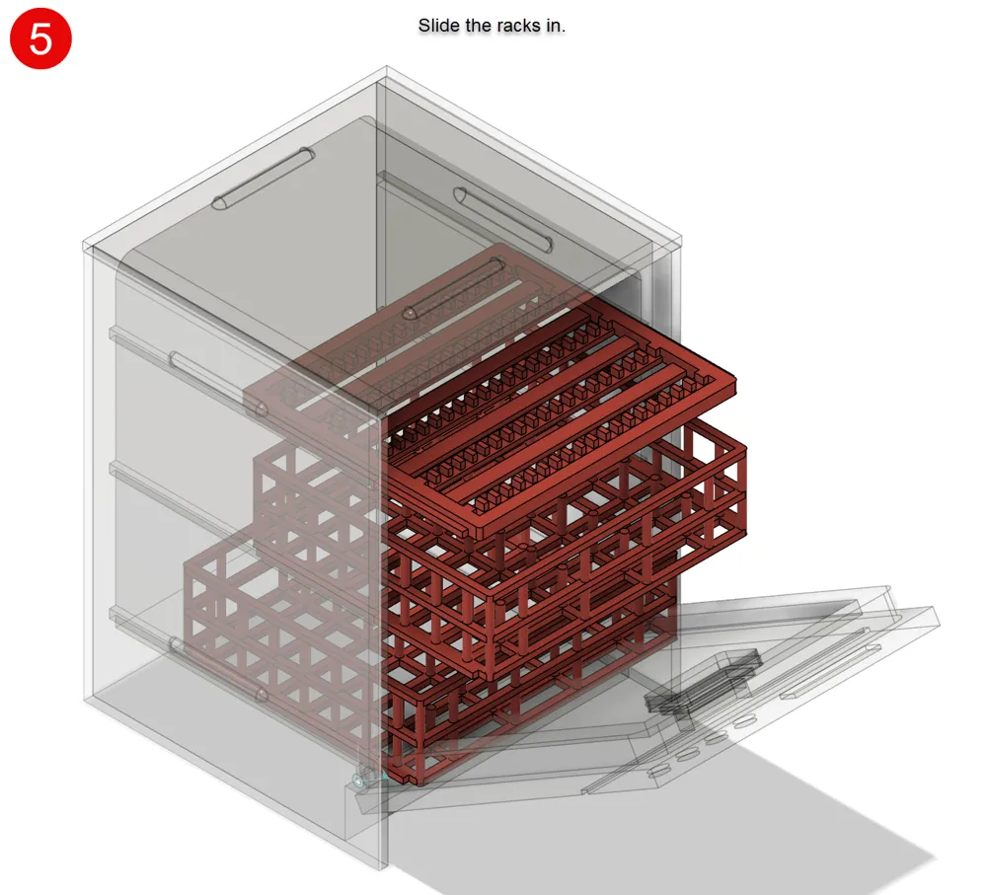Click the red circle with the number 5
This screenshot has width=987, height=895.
pyautogui.click(x=40, y=37)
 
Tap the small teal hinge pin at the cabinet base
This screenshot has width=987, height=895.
pyautogui.click(x=359, y=782)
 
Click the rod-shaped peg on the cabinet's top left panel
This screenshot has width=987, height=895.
pyautogui.click(x=264, y=179)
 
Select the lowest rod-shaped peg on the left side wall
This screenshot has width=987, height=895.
pyautogui.click(x=218, y=668)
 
